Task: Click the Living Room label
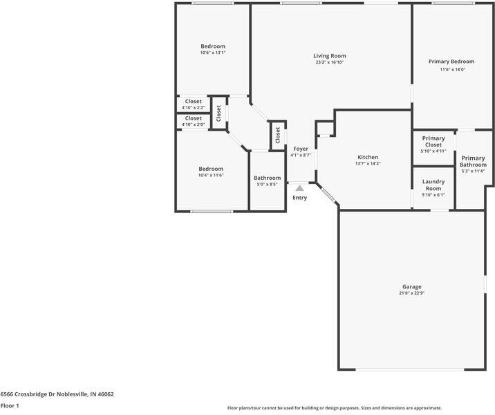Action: [329, 56]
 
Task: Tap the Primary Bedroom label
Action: [452, 62]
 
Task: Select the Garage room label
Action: [411, 286]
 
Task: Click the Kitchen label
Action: [367, 157]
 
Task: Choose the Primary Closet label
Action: [433, 142]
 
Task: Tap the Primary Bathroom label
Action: [474, 161]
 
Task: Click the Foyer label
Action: [301, 149]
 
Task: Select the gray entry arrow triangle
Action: [299, 187]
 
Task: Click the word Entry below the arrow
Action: [299, 198]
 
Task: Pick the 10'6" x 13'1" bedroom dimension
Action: [213, 53]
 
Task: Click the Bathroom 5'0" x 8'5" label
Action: [267, 181]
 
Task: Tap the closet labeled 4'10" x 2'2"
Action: [193, 104]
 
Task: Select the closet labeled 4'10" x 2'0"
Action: [193, 121]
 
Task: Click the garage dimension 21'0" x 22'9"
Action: [411, 293]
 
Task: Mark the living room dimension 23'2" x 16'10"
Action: [329, 62]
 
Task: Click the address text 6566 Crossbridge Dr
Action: [57, 394]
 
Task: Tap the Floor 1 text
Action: [10, 406]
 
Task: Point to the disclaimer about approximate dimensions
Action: [335, 408]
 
